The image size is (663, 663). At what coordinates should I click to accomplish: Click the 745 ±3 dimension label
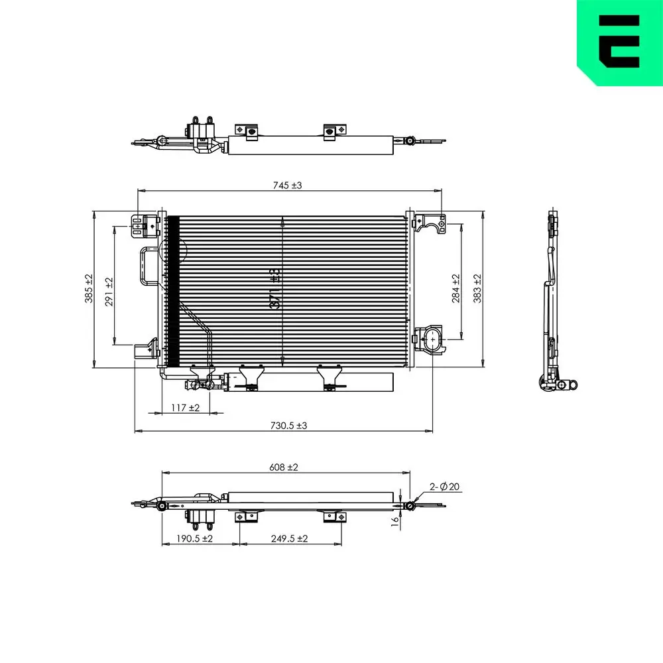286,186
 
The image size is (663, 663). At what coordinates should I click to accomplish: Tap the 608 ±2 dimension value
284,467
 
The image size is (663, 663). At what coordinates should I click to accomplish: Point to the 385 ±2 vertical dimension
89,289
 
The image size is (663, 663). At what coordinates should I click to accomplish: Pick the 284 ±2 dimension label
455,289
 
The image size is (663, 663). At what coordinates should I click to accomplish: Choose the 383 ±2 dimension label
477,289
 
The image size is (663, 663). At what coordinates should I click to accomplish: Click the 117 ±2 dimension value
186,408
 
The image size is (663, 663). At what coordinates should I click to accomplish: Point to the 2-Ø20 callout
445,487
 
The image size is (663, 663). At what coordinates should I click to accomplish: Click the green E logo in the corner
619,42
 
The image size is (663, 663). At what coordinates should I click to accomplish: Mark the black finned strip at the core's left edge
173,292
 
